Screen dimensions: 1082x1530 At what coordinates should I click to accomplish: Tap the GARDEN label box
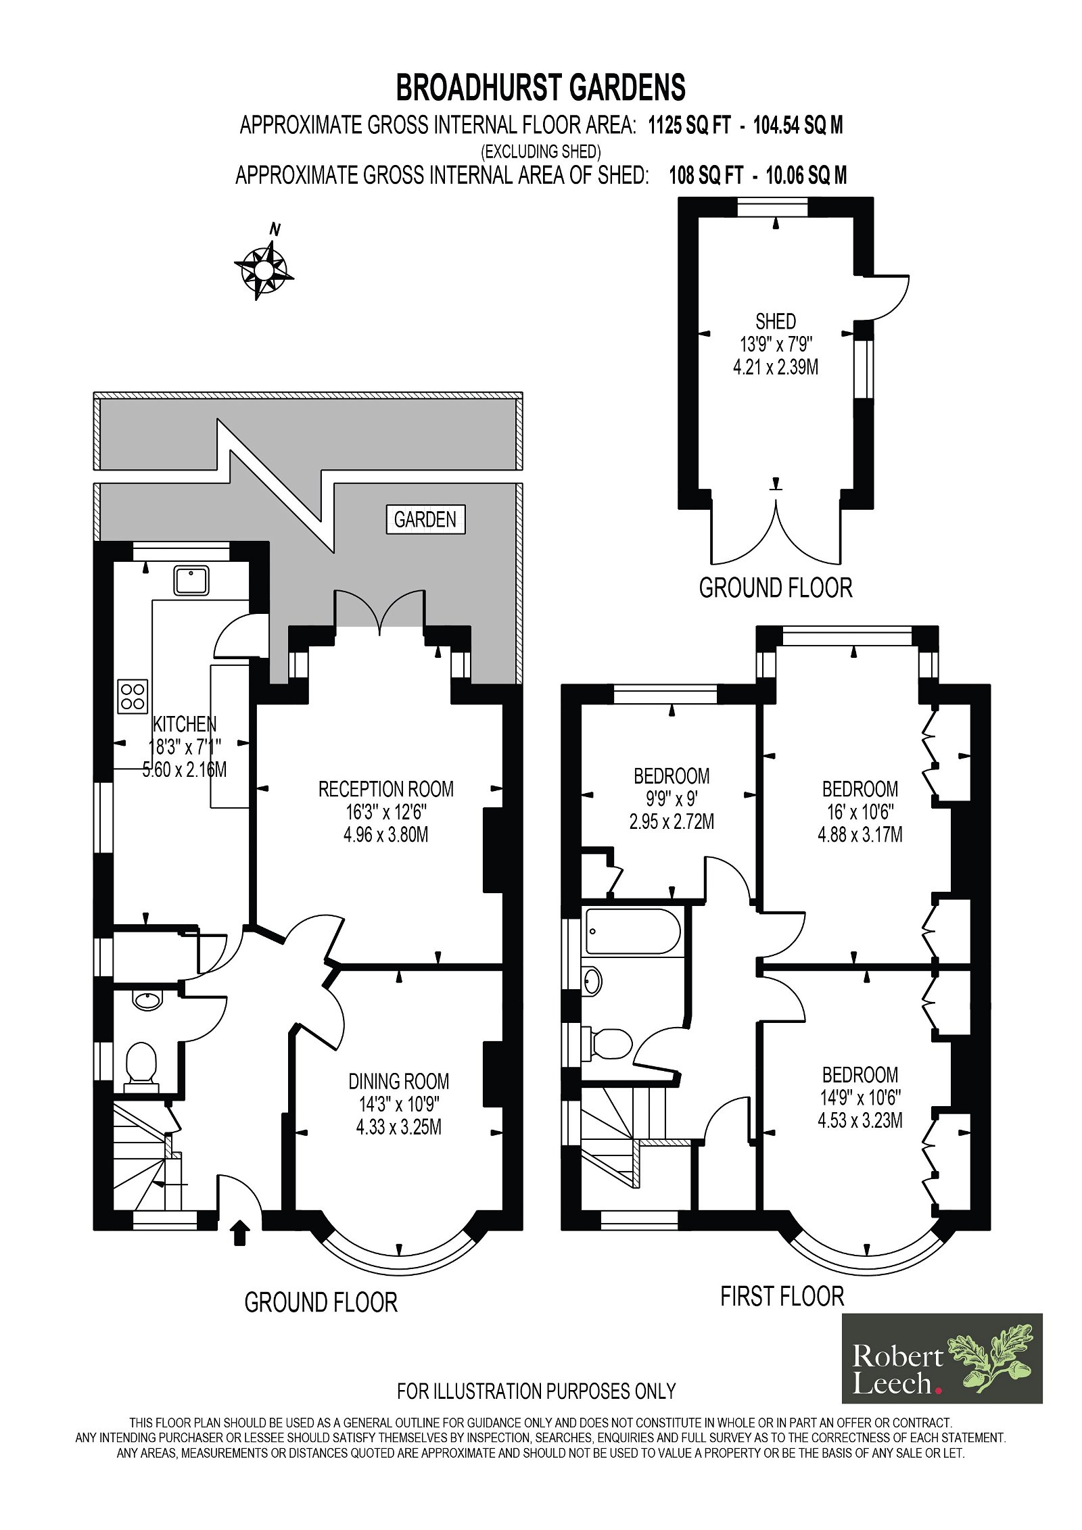tap(426, 519)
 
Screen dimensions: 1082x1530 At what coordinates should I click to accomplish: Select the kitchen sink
tap(191, 581)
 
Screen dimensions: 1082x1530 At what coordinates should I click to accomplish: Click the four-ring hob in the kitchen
tap(133, 696)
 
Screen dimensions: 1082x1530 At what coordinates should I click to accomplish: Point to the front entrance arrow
tap(241, 1232)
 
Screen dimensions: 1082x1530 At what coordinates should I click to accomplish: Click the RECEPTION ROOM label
tap(386, 789)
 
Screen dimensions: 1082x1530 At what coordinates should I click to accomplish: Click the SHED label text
tap(776, 321)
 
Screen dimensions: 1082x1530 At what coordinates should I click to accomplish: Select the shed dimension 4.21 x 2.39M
tap(776, 367)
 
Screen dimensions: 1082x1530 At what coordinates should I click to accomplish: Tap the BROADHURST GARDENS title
tap(540, 88)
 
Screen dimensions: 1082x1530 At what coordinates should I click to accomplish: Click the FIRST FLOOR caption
tap(782, 1296)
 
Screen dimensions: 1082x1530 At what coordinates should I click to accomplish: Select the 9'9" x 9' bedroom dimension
tap(672, 799)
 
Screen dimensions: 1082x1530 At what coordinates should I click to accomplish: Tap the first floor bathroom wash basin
tap(592, 980)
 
